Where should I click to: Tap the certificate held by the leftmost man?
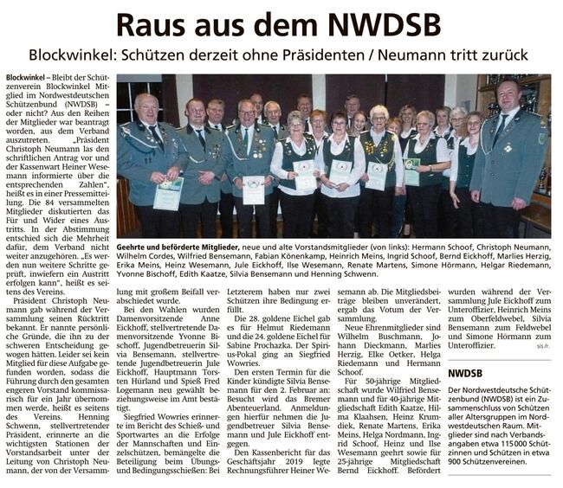pyautogui.click(x=168, y=194)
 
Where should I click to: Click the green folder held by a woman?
pyautogui.click(x=411, y=170)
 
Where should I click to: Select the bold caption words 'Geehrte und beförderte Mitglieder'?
pyautogui.click(x=178, y=247)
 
